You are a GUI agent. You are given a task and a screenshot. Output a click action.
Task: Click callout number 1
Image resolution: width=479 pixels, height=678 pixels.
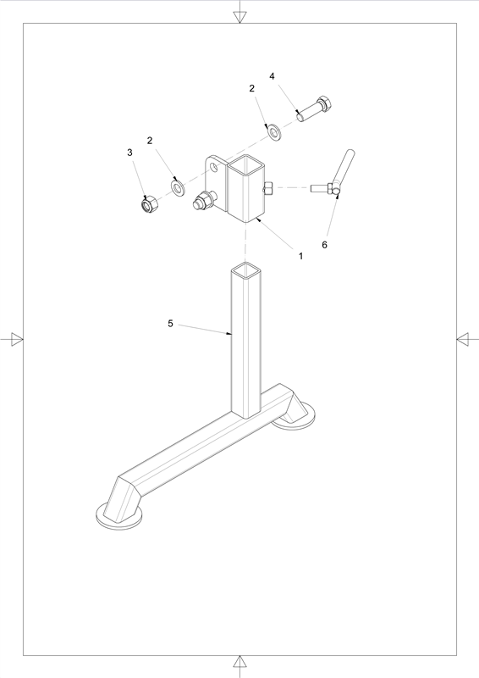(301, 256)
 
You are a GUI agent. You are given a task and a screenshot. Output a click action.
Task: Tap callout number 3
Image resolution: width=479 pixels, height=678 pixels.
(129, 153)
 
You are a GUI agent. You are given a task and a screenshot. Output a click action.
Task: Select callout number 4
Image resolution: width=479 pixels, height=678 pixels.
(273, 76)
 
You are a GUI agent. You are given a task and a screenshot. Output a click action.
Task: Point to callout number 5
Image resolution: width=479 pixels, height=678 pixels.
(170, 324)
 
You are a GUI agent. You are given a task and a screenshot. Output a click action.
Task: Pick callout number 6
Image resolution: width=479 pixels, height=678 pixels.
(324, 245)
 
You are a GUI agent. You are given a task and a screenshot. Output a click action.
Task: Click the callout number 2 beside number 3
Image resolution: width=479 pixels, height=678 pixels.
(150, 141)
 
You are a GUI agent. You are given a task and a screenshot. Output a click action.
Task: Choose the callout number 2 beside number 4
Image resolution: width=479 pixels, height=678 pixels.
(252, 88)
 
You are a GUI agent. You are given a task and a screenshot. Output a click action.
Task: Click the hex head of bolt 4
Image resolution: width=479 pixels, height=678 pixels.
(325, 103)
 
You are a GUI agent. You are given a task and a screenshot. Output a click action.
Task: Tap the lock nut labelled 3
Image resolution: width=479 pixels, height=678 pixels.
(149, 203)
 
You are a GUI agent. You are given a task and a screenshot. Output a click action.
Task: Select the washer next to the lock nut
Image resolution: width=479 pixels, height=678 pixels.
(178, 187)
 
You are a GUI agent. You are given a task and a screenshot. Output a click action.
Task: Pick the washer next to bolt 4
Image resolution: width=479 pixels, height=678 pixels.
(274, 132)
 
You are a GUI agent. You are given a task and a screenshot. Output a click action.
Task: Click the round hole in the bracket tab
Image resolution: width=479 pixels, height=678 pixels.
(213, 167)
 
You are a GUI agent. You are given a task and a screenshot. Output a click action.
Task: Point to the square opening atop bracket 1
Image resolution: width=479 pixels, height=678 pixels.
(245, 164)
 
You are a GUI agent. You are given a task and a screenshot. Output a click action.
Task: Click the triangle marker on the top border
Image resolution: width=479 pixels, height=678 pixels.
(239, 17)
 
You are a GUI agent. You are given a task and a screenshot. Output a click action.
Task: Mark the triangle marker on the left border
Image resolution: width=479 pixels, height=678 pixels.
(17, 340)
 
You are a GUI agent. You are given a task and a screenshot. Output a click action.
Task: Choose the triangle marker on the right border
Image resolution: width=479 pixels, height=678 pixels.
(462, 340)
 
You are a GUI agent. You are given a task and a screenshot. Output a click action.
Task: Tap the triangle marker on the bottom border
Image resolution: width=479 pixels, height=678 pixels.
(239, 661)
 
